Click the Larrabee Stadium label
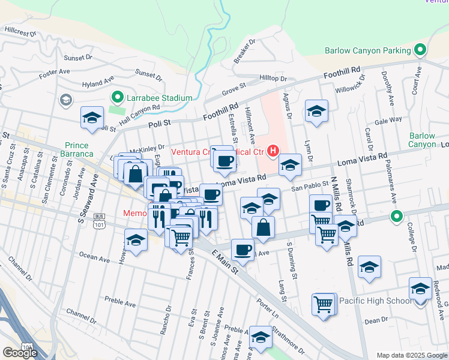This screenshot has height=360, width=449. [160, 98]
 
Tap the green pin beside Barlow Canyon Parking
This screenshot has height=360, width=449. [420, 50]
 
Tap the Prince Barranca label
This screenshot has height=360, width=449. [76, 149]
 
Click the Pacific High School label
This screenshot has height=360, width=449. [375, 300]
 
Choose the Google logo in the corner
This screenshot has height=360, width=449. [20, 352]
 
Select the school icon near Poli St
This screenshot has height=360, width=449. [92, 118]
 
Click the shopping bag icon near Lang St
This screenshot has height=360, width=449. [263, 227]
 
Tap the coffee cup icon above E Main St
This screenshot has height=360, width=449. [242, 248]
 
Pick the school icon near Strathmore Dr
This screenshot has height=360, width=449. [261, 337]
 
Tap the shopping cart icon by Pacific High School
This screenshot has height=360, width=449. [324, 304]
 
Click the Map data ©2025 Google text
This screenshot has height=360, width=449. [411, 355]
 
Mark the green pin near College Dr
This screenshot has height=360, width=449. [396, 216]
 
